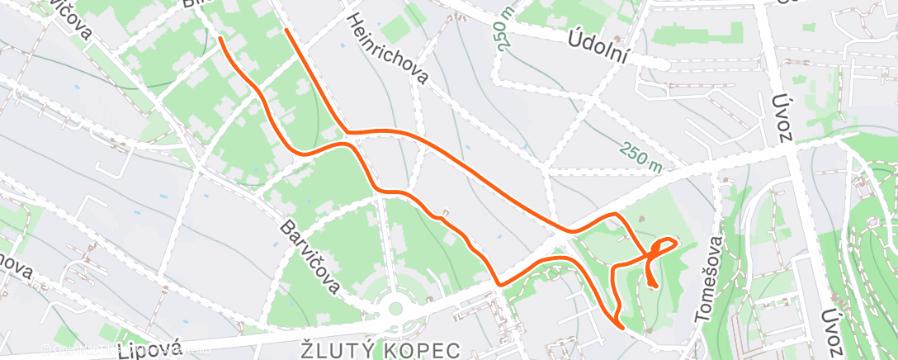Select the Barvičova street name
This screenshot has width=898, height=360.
pyautogui.click(x=310, y=255)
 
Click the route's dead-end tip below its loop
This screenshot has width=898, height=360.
pyautogui.click(x=654, y=286)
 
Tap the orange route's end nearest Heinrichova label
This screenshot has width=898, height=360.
pyautogui.click(x=286, y=31)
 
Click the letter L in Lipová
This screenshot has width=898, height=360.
pyautogui.click(x=125, y=352)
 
